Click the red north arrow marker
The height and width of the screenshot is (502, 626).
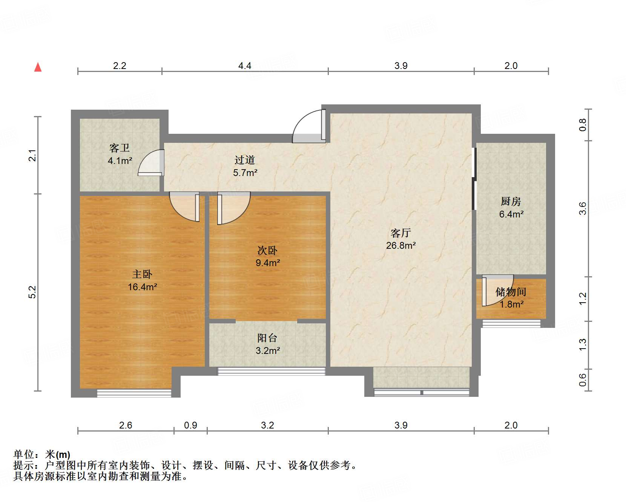[x=38, y=67]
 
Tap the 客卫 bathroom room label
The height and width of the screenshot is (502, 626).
[x=120, y=148]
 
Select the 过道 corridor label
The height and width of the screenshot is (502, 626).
[x=245, y=160]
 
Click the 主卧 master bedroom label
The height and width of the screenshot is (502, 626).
[x=142, y=274]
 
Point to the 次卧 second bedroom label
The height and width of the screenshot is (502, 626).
[x=267, y=250]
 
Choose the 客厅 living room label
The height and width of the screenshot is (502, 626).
[x=400, y=233]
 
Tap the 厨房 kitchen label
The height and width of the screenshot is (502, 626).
[x=511, y=202]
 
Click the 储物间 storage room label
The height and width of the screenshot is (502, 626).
[x=511, y=292]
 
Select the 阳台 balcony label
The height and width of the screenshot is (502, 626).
[x=267, y=338]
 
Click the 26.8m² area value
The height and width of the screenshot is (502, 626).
[x=400, y=246]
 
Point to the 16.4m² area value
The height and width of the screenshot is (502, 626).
[x=142, y=287]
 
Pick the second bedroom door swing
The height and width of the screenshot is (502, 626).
[x=233, y=208]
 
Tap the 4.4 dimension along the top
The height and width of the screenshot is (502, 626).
[x=245, y=66]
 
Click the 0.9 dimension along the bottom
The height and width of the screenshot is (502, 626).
[x=190, y=425]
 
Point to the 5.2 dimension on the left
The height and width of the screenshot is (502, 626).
[x=33, y=292]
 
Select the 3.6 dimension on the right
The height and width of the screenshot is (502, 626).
[x=583, y=208]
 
